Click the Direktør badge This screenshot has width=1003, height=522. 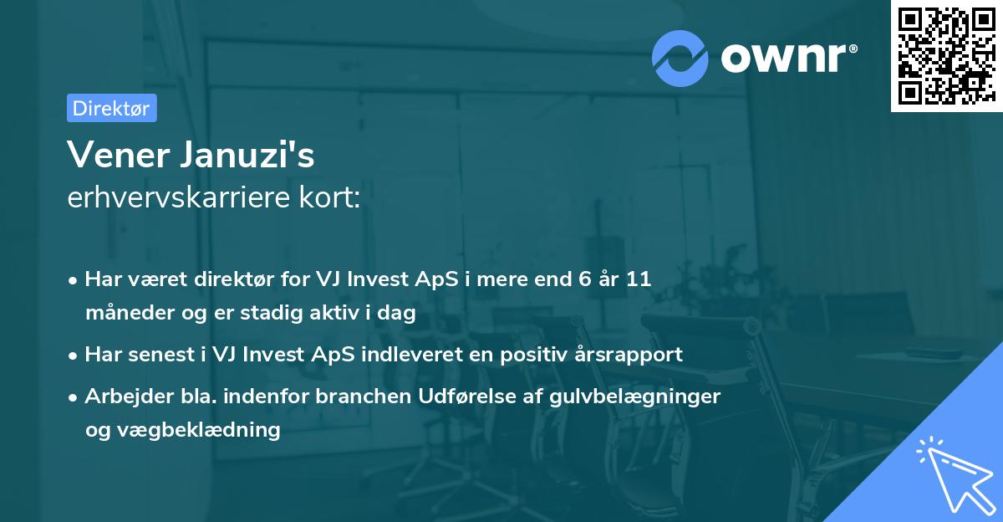point(111,108)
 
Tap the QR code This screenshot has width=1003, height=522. point(945,55)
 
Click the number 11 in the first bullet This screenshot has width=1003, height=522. point(638,280)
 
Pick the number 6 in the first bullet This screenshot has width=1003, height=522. point(572,280)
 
